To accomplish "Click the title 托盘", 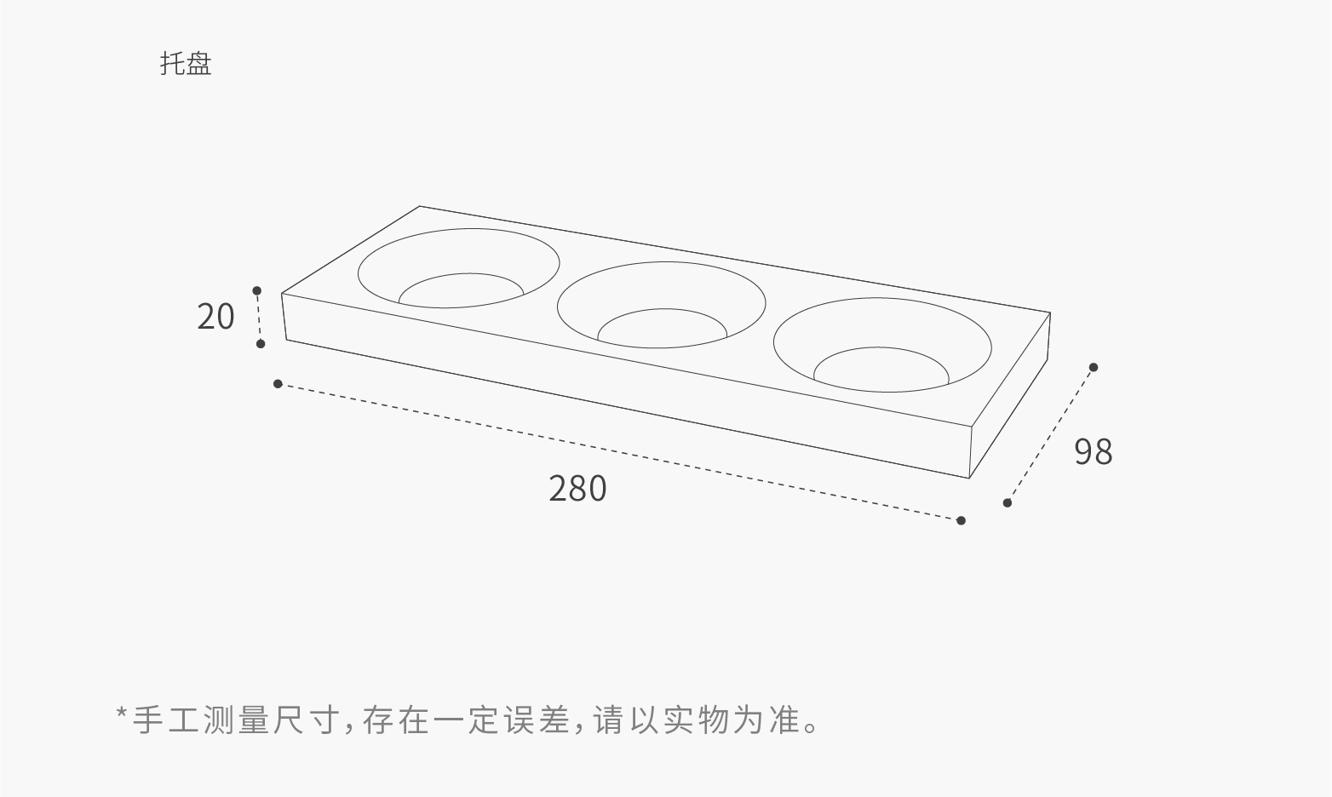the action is pyautogui.click(x=186, y=64).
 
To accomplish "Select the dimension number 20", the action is pyautogui.click(x=215, y=317).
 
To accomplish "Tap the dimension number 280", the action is pyautogui.click(x=577, y=489).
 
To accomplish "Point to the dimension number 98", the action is pyautogui.click(x=1093, y=451).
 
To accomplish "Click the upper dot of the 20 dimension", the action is pyautogui.click(x=257, y=291).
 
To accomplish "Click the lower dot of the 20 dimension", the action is pyautogui.click(x=261, y=344).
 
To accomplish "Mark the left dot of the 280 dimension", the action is pyautogui.click(x=278, y=384).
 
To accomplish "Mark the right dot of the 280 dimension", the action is pyautogui.click(x=961, y=520).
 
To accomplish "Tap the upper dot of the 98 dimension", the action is pyautogui.click(x=1094, y=368).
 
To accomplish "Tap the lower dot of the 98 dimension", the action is pyautogui.click(x=1008, y=503).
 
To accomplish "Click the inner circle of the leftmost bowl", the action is pyautogui.click(x=461, y=290).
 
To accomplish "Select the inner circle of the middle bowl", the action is pyautogui.click(x=662, y=328).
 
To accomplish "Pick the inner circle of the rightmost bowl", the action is pyautogui.click(x=881, y=370).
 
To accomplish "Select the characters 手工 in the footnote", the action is pyautogui.click(x=166, y=720).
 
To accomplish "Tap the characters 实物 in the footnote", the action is pyautogui.click(x=698, y=720).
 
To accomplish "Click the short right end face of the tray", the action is pyautogui.click(x=1009, y=400).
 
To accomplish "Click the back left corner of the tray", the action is pyautogui.click(x=420, y=207).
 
